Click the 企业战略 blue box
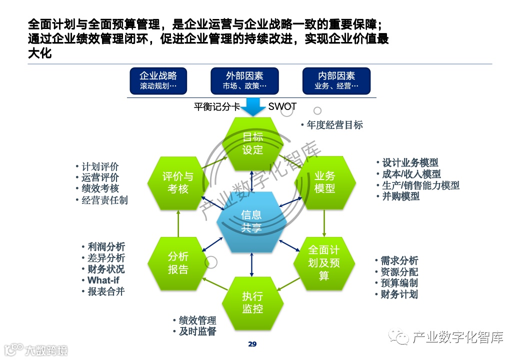click(x=158, y=80)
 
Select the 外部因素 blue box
click(x=244, y=80)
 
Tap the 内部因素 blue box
click(x=336, y=80)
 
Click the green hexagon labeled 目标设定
click(x=252, y=143)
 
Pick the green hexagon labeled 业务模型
click(x=324, y=182)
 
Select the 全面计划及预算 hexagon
click(x=324, y=262)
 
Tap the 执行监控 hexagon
click(x=252, y=302)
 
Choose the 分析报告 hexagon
click(x=178, y=263)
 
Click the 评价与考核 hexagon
click(x=178, y=182)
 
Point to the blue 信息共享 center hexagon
click(x=251, y=221)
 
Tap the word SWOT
click(x=282, y=106)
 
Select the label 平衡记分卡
click(x=217, y=106)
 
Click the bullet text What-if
click(x=103, y=280)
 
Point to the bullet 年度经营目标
click(x=334, y=125)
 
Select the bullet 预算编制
click(x=398, y=283)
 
